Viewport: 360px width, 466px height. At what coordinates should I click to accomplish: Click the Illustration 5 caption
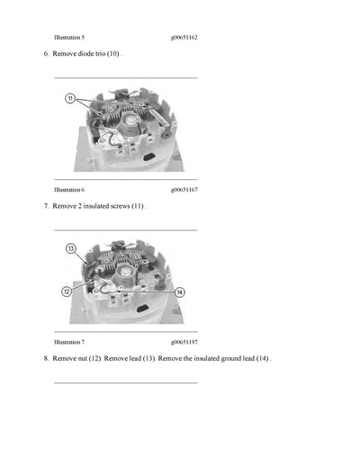click(69, 39)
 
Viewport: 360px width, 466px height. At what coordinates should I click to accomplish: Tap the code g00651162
click(184, 39)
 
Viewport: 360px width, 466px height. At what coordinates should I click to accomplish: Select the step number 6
click(45, 55)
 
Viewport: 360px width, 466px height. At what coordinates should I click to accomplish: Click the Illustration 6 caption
click(69, 190)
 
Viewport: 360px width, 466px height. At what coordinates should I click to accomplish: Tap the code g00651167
click(184, 190)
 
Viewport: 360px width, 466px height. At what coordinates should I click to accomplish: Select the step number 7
click(45, 206)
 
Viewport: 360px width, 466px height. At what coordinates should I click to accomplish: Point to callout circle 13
click(71, 247)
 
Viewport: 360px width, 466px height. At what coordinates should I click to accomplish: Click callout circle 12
click(67, 291)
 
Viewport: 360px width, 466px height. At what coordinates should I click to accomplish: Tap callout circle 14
click(179, 291)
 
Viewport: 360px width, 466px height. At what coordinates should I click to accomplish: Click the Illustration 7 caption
click(69, 342)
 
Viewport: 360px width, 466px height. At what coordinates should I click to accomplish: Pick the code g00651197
click(184, 342)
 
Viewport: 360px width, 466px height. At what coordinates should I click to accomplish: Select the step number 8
click(45, 358)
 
